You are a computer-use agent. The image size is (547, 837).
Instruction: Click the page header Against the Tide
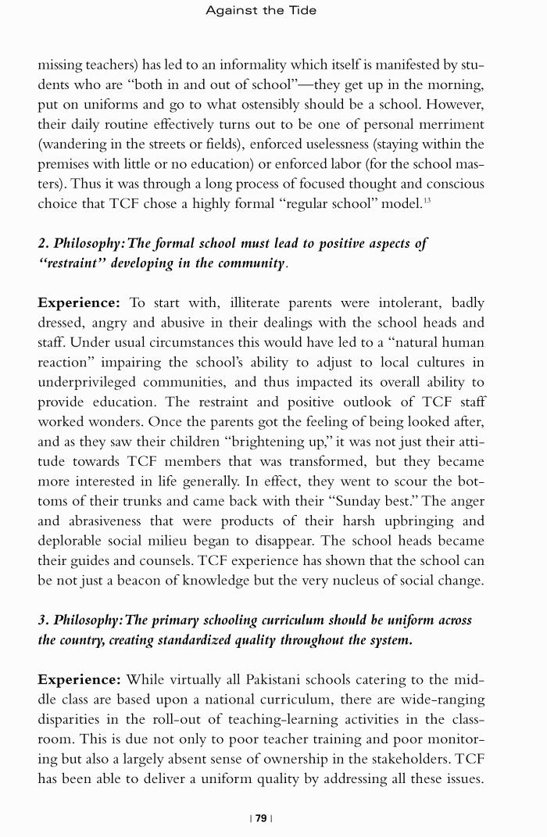261,10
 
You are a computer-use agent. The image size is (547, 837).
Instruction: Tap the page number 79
261,818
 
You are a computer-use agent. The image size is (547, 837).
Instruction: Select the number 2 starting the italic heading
42,243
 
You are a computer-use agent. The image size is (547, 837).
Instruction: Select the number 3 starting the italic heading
42,620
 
